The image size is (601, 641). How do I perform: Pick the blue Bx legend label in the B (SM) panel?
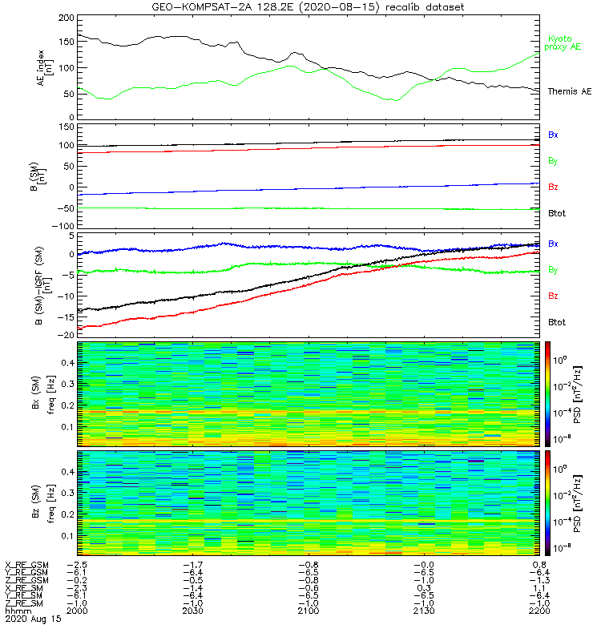553,135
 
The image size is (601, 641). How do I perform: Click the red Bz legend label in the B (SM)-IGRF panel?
553,296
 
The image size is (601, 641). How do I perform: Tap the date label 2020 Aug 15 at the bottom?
32,619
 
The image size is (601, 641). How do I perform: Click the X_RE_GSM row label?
26,565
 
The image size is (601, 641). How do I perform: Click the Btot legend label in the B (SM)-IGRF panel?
556,322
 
